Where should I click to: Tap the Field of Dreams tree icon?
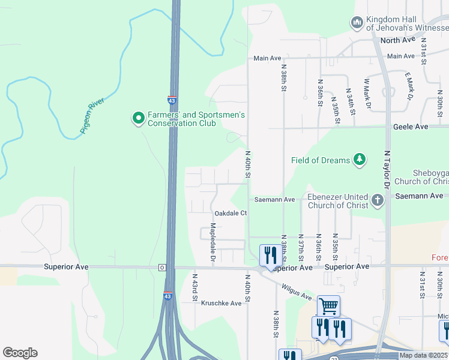(359, 160)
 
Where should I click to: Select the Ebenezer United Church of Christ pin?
(377, 200)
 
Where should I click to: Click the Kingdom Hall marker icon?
(357, 23)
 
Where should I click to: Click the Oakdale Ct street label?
(231, 213)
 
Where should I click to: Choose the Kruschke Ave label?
(221, 303)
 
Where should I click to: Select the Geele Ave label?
(411, 127)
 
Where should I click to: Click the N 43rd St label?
(195, 288)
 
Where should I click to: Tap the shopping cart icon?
(328, 306)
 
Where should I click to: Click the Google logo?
(20, 353)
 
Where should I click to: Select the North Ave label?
(398, 40)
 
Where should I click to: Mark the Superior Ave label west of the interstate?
(65, 266)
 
